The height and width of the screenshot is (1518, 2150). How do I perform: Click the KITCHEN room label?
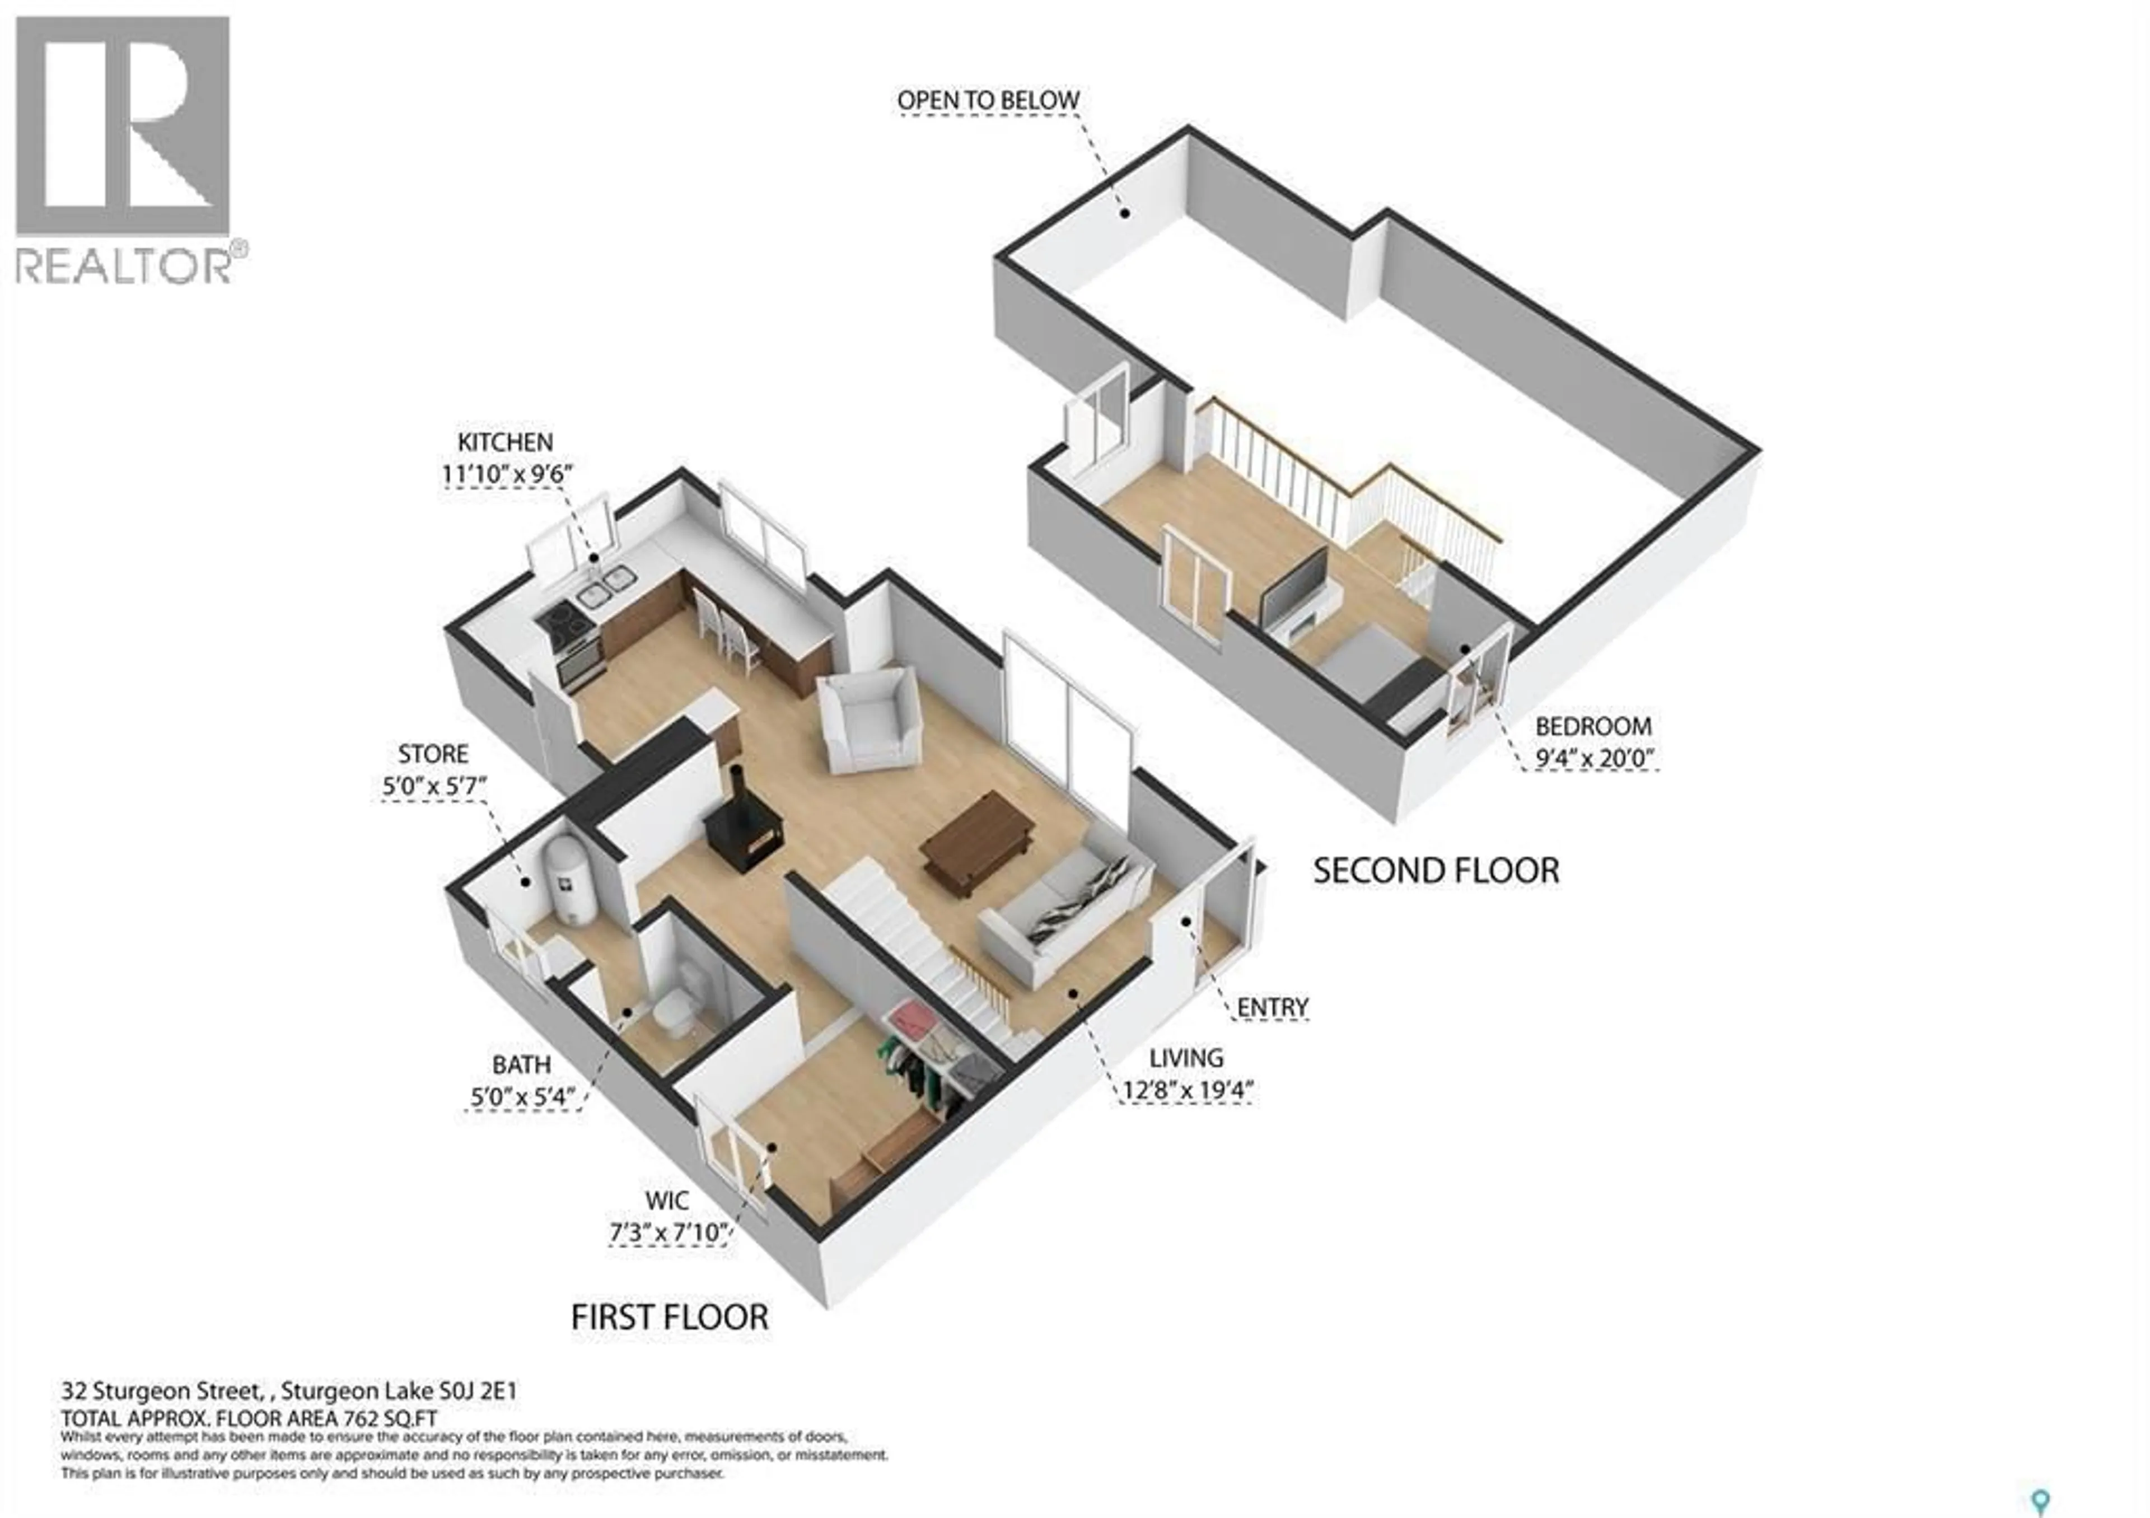[504, 442]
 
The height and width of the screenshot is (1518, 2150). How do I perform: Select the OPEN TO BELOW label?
[988, 100]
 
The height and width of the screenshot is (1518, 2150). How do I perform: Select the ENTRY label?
[1272, 1008]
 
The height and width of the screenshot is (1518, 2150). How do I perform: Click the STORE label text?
[433, 754]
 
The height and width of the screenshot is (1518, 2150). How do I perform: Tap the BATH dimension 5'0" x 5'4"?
[522, 1096]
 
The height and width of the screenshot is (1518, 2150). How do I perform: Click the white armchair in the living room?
[869, 719]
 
